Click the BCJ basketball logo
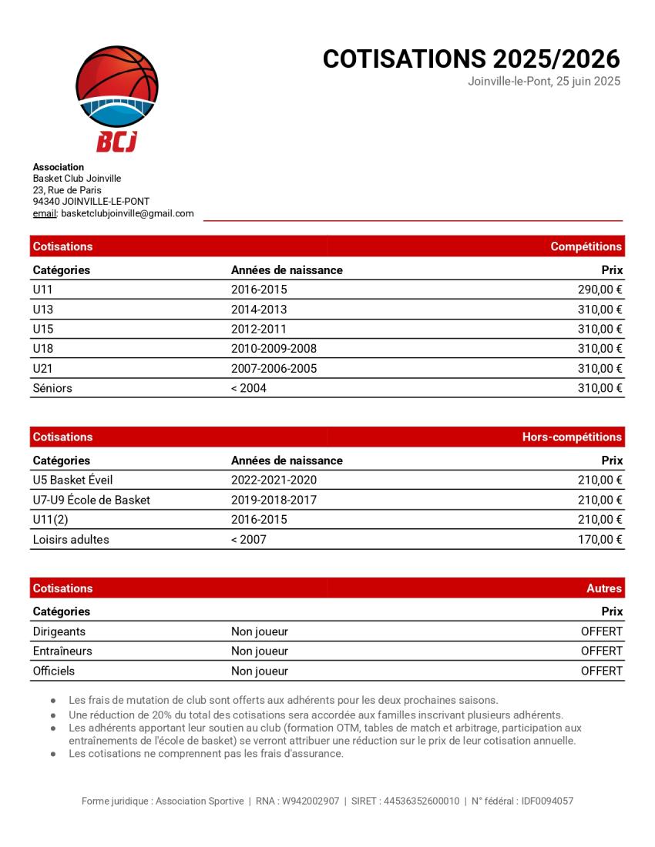click(x=117, y=98)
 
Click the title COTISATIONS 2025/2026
click(x=471, y=59)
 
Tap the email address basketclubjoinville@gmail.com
click(x=127, y=213)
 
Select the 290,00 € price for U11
click(x=600, y=290)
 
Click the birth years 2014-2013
click(x=259, y=310)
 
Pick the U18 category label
click(x=43, y=349)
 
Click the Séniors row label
click(x=52, y=388)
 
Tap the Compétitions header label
click(x=586, y=246)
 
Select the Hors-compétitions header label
click(x=572, y=437)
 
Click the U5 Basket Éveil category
click(x=72, y=480)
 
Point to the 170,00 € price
click(x=600, y=540)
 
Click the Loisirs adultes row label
click(x=71, y=540)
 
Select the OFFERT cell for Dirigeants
click(x=601, y=631)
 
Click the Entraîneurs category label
click(x=62, y=651)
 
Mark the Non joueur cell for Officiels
click(x=260, y=671)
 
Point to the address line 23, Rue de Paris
click(x=67, y=190)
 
